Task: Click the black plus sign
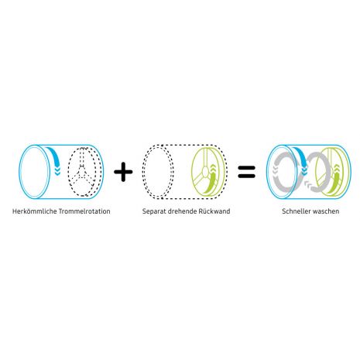tap(123, 172)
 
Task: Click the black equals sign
tap(246, 172)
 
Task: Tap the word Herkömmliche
tap(35, 211)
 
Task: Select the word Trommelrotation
tap(84, 211)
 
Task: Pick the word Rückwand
tap(214, 211)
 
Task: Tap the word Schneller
tap(296, 211)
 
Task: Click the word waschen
tap(326, 211)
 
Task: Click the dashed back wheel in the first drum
tap(82, 172)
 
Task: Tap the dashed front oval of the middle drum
tap(156, 173)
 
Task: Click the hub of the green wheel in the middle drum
tap(205, 171)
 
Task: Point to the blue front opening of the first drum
tap(34, 172)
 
